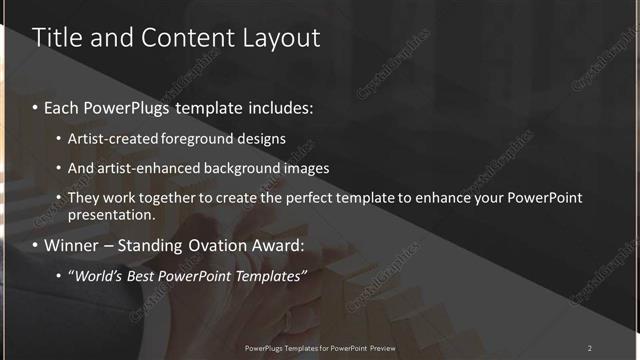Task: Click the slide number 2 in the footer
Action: click(589, 347)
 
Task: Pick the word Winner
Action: click(71, 245)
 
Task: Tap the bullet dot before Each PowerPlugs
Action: click(36, 106)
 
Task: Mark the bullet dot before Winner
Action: click(36, 245)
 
